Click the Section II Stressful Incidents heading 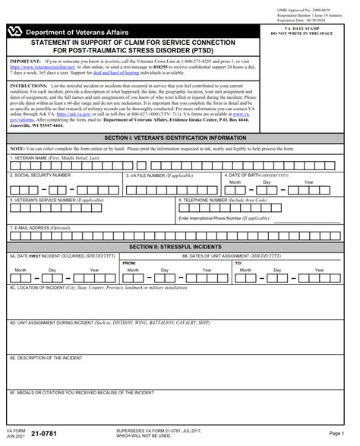[180, 247]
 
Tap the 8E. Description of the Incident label [46, 356]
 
